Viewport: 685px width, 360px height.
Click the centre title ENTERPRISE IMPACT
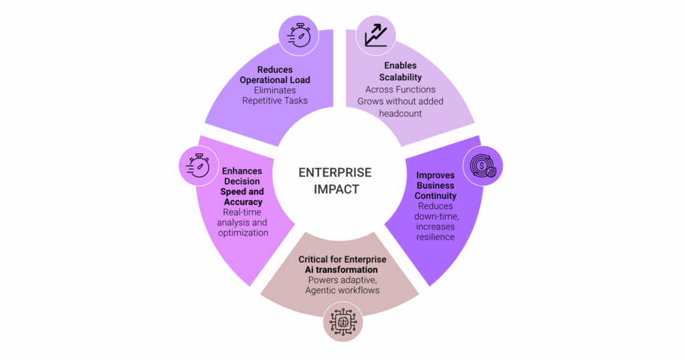[x=334, y=181]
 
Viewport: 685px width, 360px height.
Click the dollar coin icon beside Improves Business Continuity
[x=483, y=165]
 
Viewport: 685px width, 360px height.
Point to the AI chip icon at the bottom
[x=343, y=321]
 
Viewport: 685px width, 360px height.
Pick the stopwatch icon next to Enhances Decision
[x=198, y=165]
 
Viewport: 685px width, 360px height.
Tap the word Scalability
[x=400, y=78]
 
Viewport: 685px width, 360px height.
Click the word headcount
[x=400, y=113]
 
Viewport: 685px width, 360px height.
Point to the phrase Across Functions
[x=400, y=89]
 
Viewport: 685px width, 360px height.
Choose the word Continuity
[x=435, y=196]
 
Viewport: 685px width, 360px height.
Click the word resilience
[x=435, y=237]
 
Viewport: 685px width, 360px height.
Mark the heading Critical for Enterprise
[x=342, y=259]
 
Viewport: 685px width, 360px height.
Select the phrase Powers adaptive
[x=342, y=280]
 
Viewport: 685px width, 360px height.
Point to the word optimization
[x=243, y=232]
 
